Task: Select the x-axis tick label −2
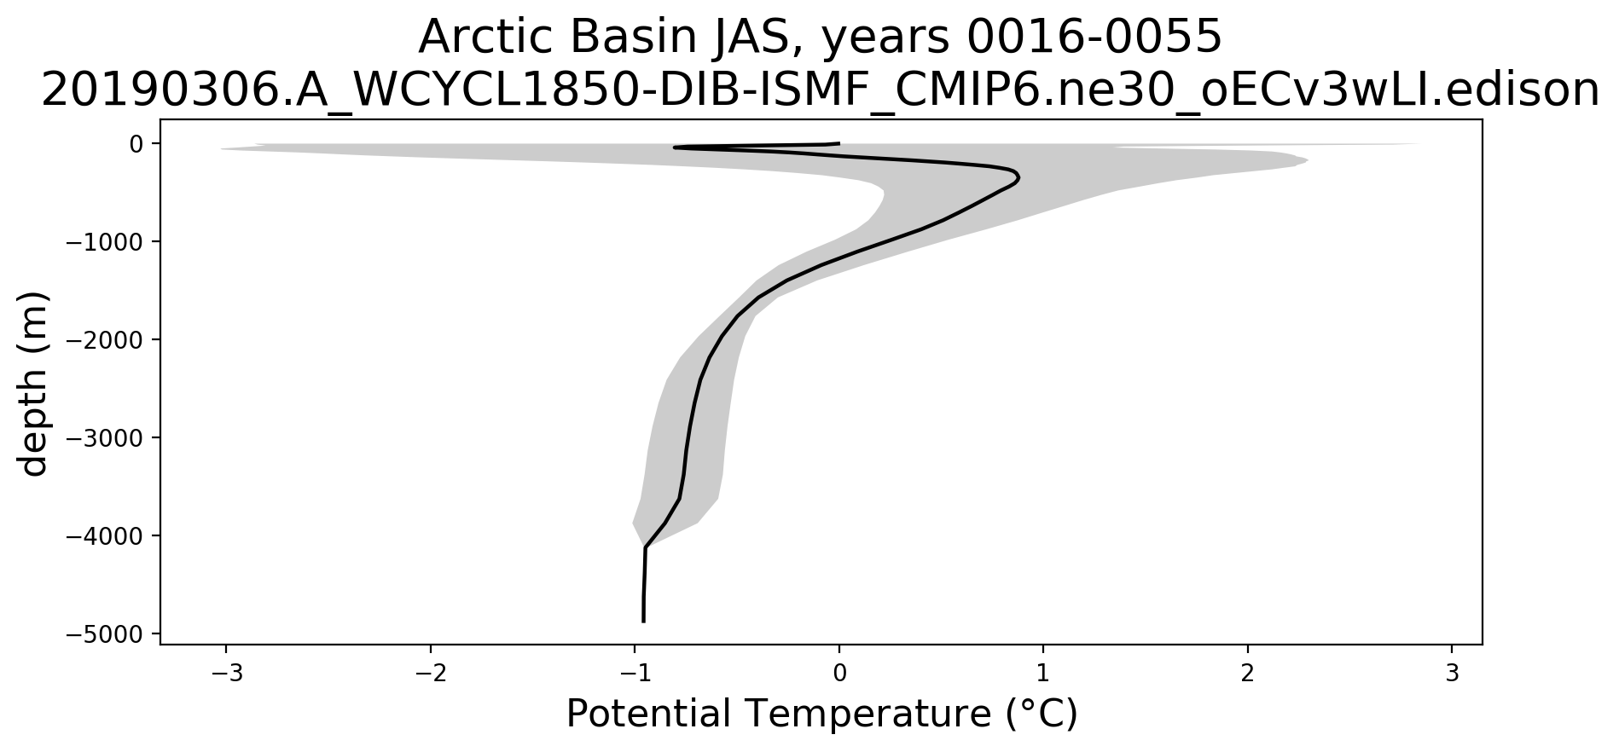click(430, 673)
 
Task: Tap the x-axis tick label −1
click(635, 673)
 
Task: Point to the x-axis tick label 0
click(839, 673)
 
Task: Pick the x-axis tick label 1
click(1043, 673)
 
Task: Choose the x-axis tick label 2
click(1248, 673)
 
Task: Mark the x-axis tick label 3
click(1453, 673)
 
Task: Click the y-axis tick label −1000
click(106, 242)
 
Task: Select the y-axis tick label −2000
click(106, 340)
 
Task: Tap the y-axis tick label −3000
click(106, 438)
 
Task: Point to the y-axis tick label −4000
click(106, 536)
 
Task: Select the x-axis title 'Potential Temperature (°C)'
click(822, 714)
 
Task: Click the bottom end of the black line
click(643, 622)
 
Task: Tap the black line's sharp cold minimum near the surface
click(674, 148)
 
